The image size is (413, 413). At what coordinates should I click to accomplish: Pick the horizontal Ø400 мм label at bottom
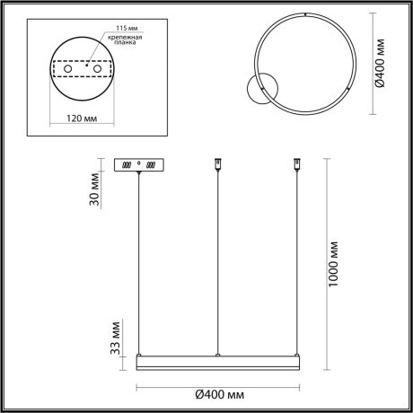(x=218, y=394)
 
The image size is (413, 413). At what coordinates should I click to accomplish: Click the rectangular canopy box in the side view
(x=139, y=165)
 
